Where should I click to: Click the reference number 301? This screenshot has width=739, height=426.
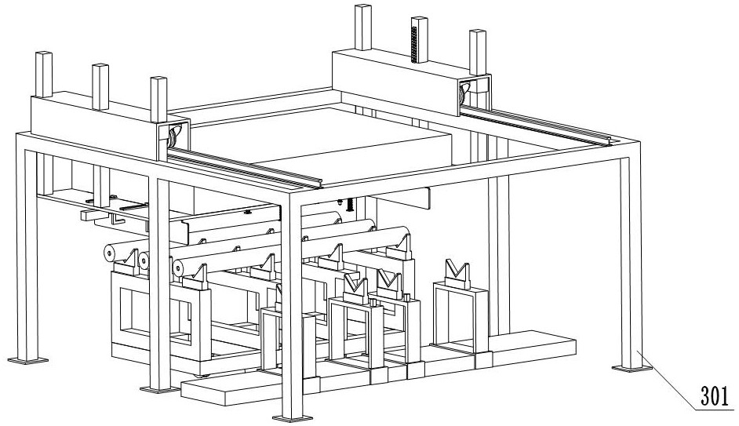715,396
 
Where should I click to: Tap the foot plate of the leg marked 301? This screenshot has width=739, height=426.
632,368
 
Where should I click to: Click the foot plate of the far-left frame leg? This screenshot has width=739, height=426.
27,361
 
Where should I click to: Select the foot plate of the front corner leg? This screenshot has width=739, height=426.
292,417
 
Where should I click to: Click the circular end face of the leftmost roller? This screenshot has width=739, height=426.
109,254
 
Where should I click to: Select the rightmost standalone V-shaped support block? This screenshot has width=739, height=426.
456,275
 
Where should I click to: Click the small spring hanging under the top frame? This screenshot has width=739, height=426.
349,205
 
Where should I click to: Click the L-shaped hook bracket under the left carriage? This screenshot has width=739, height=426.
116,218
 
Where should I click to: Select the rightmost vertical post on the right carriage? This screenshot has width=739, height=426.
478,52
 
